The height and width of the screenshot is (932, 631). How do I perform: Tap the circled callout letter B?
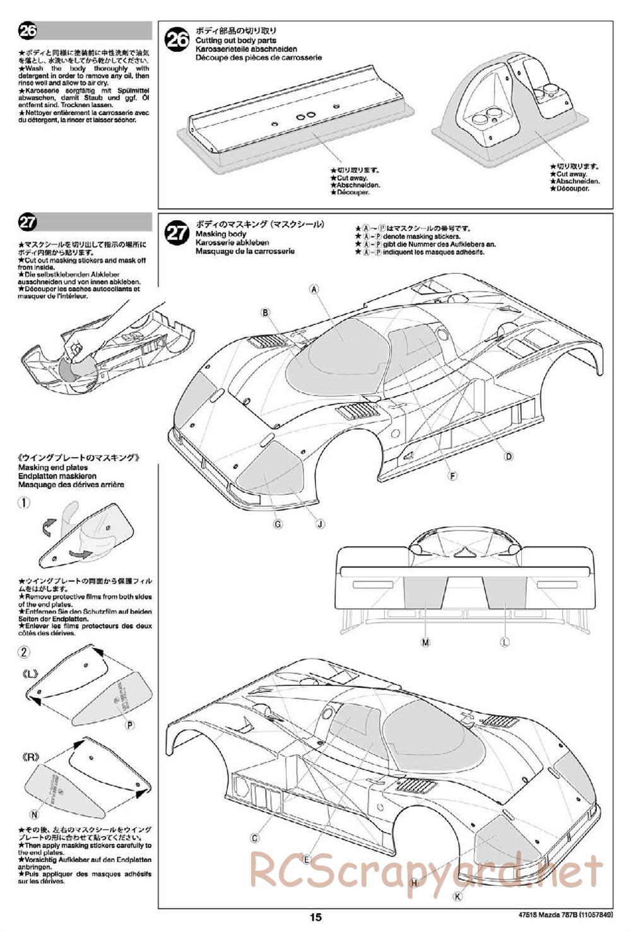(x=266, y=312)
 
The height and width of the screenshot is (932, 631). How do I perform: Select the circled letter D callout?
(x=508, y=457)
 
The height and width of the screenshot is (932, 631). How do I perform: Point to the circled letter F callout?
(x=452, y=476)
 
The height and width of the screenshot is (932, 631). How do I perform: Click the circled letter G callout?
(x=278, y=523)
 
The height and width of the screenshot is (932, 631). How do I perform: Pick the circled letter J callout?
(x=320, y=523)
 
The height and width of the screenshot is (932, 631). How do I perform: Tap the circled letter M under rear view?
(x=425, y=642)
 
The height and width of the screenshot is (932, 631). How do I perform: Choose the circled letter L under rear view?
(x=504, y=642)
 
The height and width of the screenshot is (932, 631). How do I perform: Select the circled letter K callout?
(x=457, y=895)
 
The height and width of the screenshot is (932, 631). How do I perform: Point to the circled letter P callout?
(x=130, y=725)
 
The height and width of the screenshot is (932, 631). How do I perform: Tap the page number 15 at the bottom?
(x=316, y=918)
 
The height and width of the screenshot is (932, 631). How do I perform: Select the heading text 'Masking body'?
(x=220, y=234)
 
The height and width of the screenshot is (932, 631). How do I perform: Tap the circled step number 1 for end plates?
(x=23, y=503)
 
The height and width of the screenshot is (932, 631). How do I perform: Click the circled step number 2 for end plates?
(x=23, y=652)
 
